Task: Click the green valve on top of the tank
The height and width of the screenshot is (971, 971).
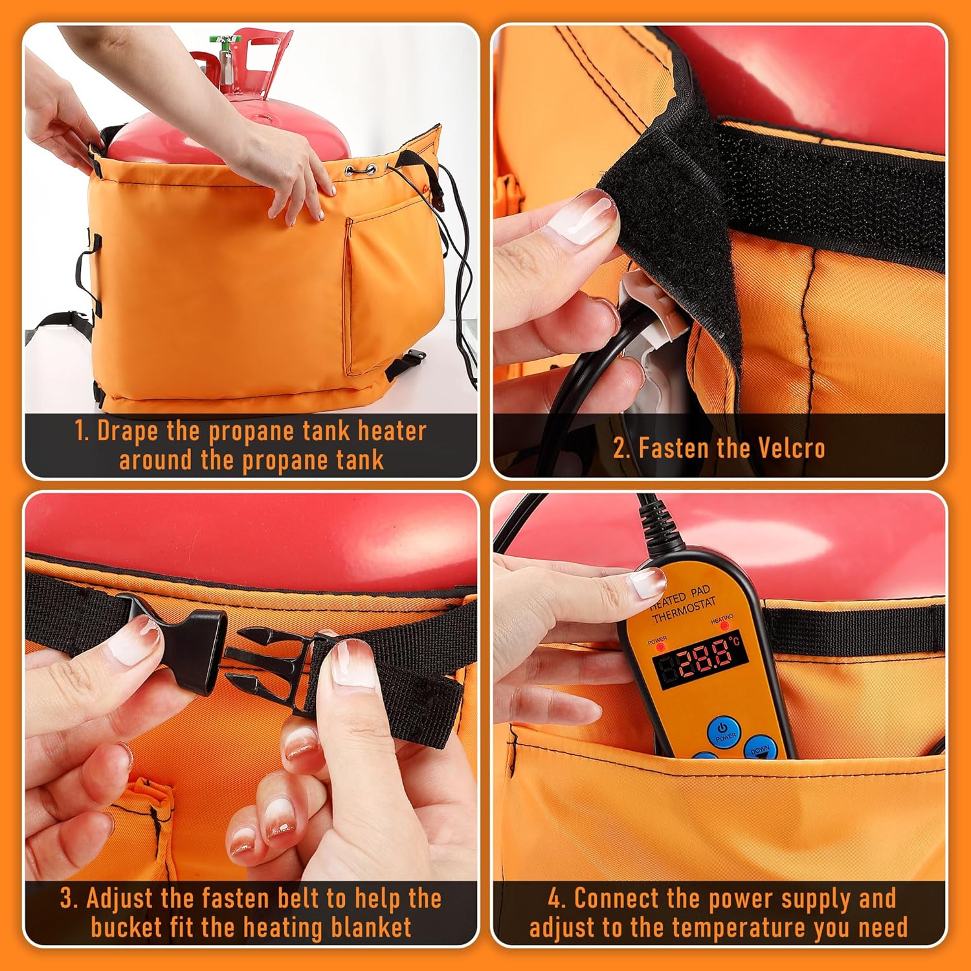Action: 224,40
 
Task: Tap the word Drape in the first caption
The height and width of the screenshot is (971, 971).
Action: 127,432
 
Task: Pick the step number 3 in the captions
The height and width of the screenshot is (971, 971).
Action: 67,898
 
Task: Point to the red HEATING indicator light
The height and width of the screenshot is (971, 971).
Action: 724,626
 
